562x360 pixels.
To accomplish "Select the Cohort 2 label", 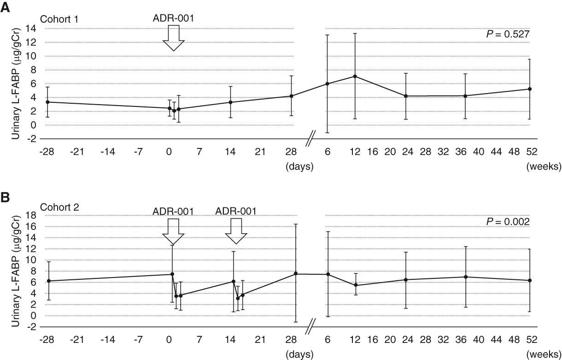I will (x=59, y=207).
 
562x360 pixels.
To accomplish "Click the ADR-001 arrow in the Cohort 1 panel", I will (x=173, y=38).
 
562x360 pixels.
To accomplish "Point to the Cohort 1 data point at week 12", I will (x=355, y=76).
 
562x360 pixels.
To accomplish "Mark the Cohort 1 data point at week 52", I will (x=530, y=89).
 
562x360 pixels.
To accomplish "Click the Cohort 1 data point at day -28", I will (x=48, y=102).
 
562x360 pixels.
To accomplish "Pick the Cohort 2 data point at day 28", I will (x=296, y=274).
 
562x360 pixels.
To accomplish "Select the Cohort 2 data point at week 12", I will (x=355, y=285).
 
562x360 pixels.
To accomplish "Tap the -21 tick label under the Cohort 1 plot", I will (x=77, y=151).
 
